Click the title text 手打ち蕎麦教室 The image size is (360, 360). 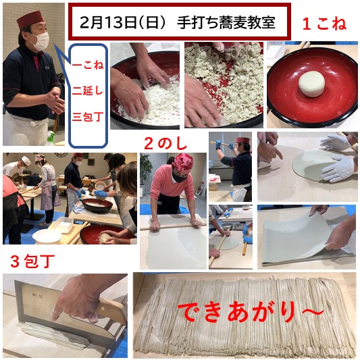(x=226, y=23)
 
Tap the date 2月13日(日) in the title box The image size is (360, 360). (x=123, y=23)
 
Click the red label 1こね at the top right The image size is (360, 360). (x=324, y=24)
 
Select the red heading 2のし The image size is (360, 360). (x=165, y=144)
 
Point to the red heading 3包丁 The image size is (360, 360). (x=32, y=261)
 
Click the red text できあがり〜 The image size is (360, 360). (x=251, y=312)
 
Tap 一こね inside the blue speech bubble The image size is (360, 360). (x=88, y=65)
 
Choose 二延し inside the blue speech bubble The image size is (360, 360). (x=88, y=91)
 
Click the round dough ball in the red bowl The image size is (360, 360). (x=311, y=84)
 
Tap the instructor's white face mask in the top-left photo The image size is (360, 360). (x=41, y=41)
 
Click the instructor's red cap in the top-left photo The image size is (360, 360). (x=30, y=20)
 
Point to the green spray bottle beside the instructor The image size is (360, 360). (x=50, y=138)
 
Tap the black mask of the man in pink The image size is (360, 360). (x=179, y=178)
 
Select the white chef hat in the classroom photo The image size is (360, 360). (x=26, y=161)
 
